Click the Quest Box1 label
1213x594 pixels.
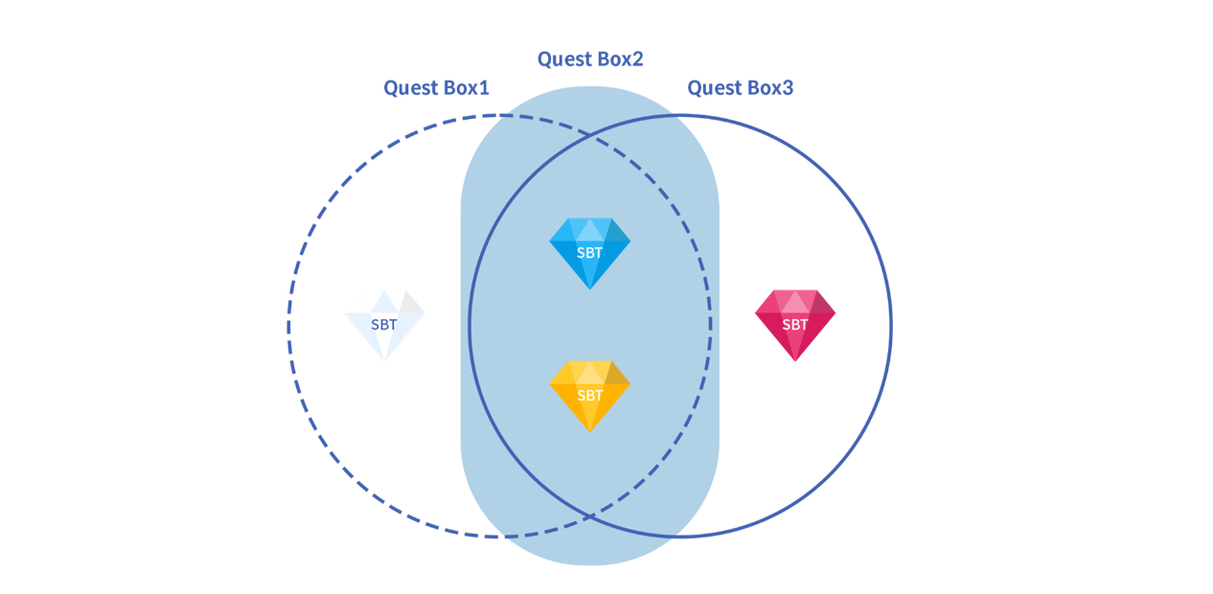pos(437,88)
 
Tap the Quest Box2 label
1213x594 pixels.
pos(590,59)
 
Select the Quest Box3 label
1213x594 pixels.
pos(740,89)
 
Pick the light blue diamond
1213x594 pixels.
pos(590,251)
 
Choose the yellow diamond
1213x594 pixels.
pos(590,394)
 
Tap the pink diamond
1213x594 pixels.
pos(795,324)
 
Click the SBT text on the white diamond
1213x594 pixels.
pos(384,325)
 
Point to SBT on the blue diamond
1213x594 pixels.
pos(590,253)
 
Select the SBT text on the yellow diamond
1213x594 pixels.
pos(590,396)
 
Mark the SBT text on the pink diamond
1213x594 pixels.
pos(795,325)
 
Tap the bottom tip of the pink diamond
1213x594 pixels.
pos(795,362)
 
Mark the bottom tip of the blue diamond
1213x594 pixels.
pos(590,288)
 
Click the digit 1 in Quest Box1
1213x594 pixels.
pos(485,88)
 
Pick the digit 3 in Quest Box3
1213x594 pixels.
pos(788,89)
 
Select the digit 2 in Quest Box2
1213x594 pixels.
pos(637,59)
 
